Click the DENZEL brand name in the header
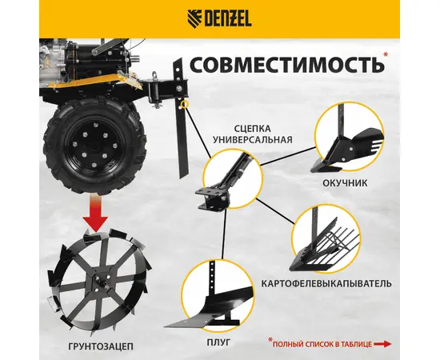[x=228, y=19]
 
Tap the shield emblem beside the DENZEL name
[x=194, y=18]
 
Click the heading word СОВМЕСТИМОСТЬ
[x=286, y=65]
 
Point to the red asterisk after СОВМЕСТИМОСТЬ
[x=386, y=54]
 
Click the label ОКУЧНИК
[x=345, y=183]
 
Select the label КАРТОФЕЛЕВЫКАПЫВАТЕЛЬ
[x=326, y=283]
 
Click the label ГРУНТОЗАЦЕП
[x=101, y=346]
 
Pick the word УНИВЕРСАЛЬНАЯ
[x=252, y=139]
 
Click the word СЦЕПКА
[x=253, y=129]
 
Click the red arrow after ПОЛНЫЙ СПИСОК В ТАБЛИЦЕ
[x=383, y=344]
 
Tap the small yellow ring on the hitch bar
[x=184, y=104]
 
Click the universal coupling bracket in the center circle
[x=222, y=185]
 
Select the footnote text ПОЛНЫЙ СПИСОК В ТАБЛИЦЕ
[x=322, y=344]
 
